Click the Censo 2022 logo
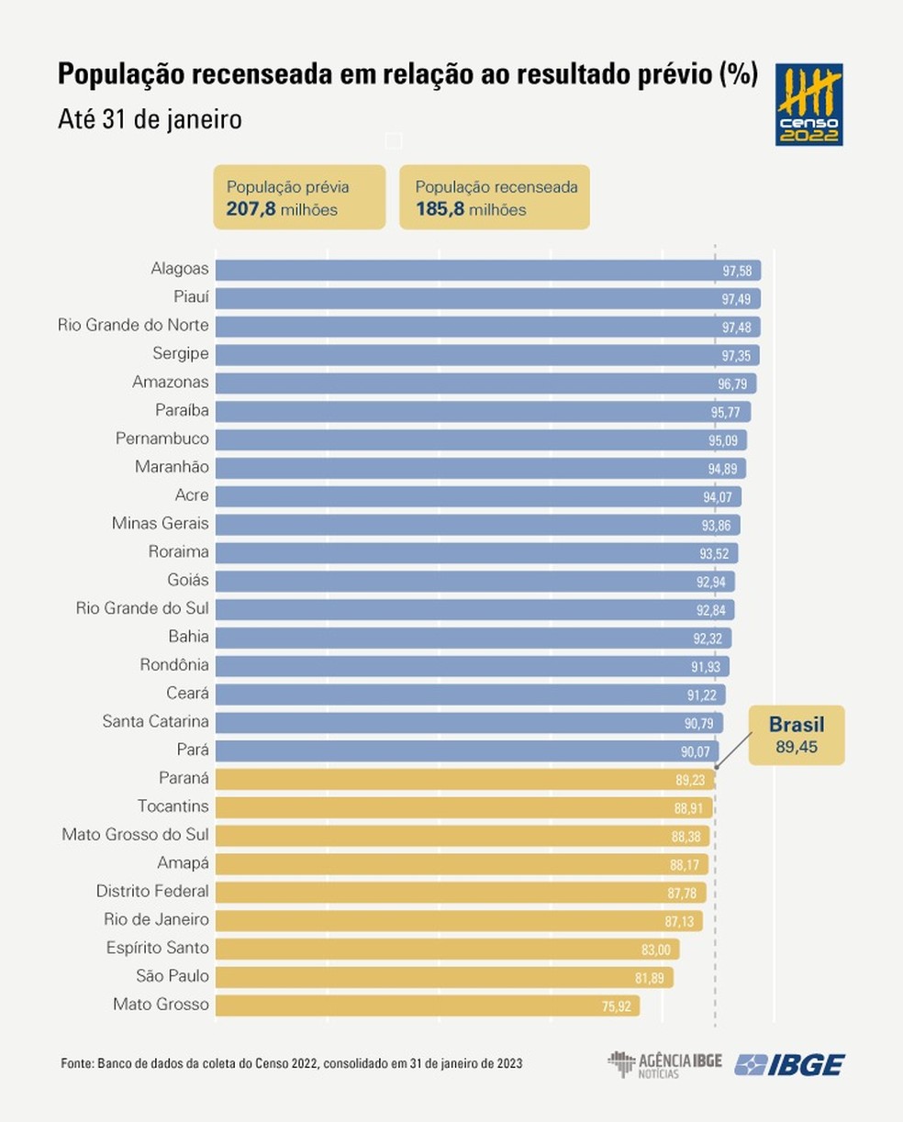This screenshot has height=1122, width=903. click(x=808, y=105)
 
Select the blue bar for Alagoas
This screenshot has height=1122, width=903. click(x=487, y=270)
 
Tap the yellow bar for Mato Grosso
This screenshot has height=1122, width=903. click(x=427, y=1005)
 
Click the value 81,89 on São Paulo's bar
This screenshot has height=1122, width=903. click(x=649, y=978)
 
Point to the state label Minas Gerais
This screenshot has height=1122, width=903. click(x=160, y=524)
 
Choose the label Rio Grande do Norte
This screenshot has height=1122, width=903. click(x=133, y=326)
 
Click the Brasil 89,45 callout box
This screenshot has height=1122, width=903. click(x=796, y=735)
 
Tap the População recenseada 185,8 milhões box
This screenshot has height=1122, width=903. click(x=495, y=198)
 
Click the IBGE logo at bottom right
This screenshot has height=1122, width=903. click(x=789, y=1064)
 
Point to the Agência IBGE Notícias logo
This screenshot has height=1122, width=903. click(x=664, y=1064)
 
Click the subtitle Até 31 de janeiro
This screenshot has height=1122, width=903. click(x=150, y=120)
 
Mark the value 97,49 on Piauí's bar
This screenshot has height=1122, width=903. click(x=736, y=299)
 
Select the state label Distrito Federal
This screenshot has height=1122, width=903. click(x=152, y=892)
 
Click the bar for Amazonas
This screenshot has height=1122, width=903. click(x=485, y=383)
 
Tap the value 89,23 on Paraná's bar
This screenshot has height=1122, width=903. click(x=689, y=780)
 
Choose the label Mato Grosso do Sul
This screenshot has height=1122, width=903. click(x=135, y=835)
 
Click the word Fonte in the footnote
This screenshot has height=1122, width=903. click(x=76, y=1063)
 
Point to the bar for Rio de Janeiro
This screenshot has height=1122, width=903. click(x=460, y=920)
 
